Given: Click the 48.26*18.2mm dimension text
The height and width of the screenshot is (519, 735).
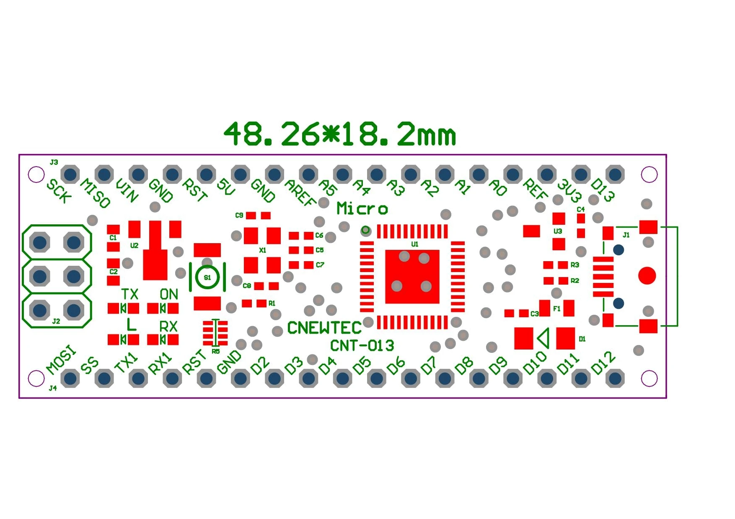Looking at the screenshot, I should (x=339, y=134).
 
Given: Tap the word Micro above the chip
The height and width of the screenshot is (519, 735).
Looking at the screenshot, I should (x=362, y=208).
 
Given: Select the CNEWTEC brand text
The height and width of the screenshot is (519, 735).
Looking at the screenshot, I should (x=324, y=328).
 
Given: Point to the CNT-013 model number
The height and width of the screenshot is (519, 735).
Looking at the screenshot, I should (x=362, y=346).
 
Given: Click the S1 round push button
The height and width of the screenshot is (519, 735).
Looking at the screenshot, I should (x=207, y=277).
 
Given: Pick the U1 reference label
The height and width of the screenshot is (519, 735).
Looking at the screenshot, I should (x=414, y=244).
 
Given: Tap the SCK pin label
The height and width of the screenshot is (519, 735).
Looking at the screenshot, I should (x=59, y=191).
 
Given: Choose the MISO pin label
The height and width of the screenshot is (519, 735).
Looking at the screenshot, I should (x=96, y=193).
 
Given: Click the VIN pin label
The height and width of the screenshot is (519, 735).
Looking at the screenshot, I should (x=127, y=190).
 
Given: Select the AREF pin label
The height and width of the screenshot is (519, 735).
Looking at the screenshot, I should (x=300, y=193).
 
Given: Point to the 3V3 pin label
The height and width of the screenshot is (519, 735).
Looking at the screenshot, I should (x=569, y=191).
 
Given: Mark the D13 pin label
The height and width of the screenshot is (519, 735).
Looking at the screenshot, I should (x=603, y=190).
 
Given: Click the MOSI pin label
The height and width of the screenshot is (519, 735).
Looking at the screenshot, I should (x=62, y=360).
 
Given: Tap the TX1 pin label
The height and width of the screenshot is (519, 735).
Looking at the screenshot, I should (x=126, y=362).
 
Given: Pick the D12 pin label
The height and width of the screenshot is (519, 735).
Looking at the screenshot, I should (x=603, y=362).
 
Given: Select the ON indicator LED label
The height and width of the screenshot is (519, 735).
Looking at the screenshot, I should (x=169, y=294).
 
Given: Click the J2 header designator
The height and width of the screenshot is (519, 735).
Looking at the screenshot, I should (x=56, y=321).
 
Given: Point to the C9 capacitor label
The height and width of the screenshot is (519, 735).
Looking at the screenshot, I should (x=239, y=215).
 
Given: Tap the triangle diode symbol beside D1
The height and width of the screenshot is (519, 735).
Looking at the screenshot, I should (x=543, y=338).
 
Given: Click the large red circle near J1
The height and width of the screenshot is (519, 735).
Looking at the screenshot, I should (x=647, y=276).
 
